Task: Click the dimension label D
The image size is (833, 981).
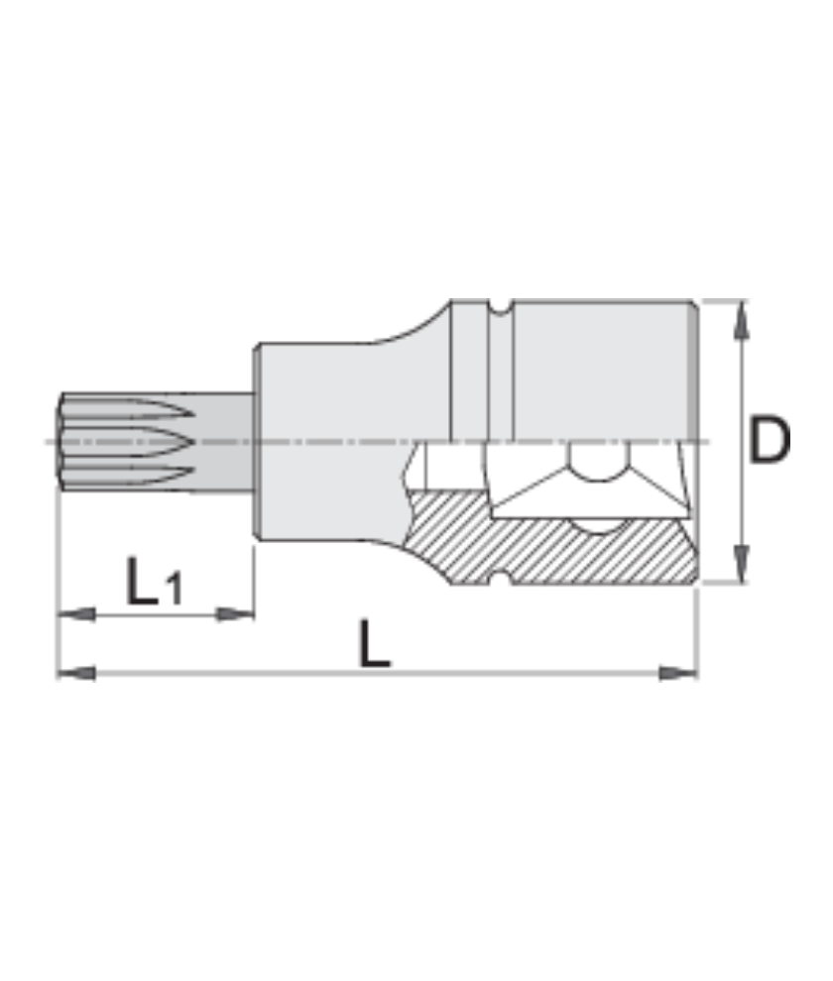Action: point(769,442)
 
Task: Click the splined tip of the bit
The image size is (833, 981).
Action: point(119,440)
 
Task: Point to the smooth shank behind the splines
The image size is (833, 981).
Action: point(223,440)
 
